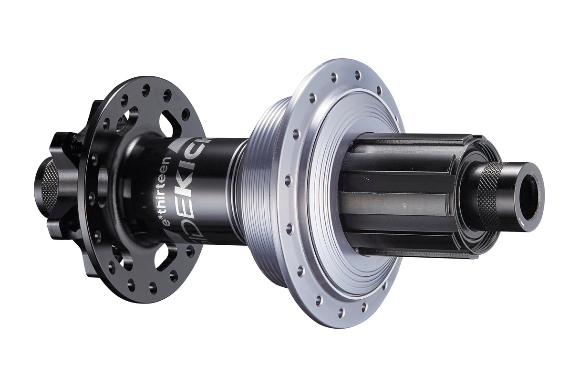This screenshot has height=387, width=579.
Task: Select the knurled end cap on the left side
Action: [x=48, y=187]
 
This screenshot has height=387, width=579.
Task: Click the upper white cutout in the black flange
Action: [x=168, y=125]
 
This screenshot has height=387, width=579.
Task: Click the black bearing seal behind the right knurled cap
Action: [x=465, y=191]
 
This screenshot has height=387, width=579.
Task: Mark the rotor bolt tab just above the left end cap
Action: [x=67, y=143]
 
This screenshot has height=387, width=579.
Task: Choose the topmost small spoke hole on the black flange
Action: [x=145, y=89]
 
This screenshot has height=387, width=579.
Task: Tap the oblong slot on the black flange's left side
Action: [x=103, y=182]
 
